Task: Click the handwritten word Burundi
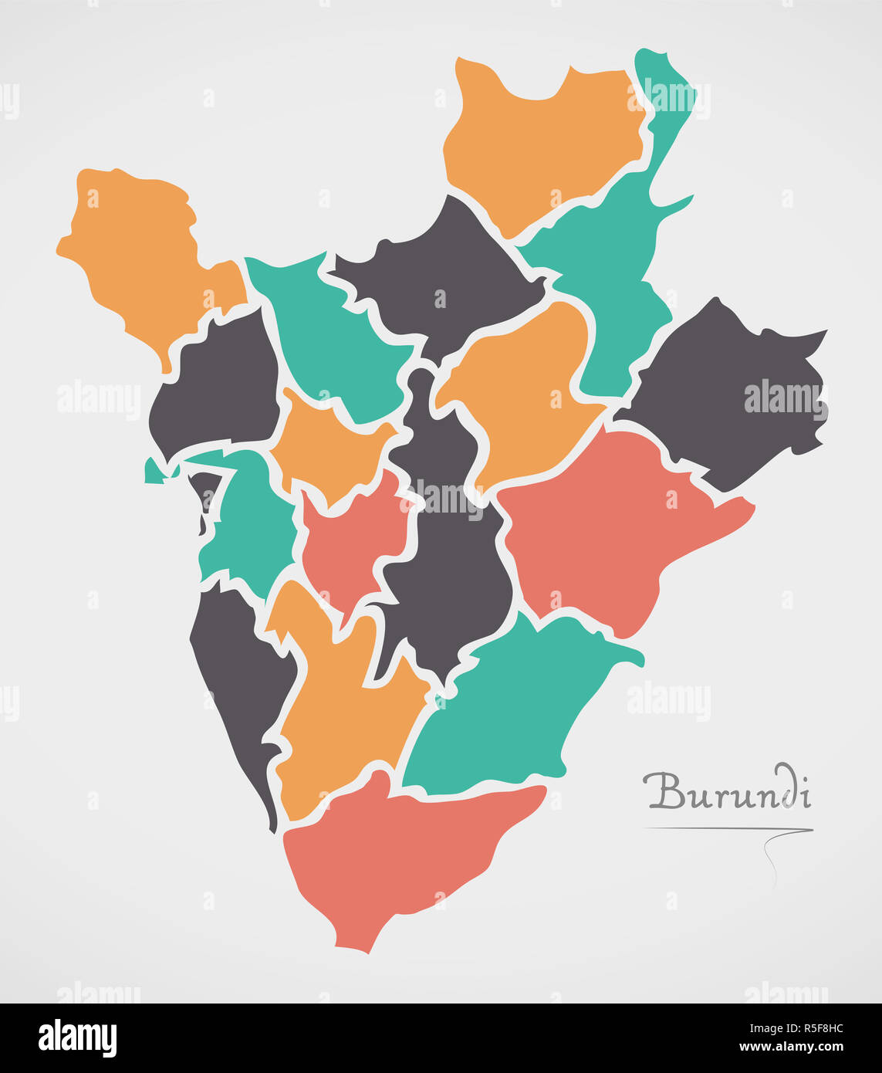pos(728,790)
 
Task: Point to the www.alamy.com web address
pos(791,1048)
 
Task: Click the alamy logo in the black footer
pos(77,1037)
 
